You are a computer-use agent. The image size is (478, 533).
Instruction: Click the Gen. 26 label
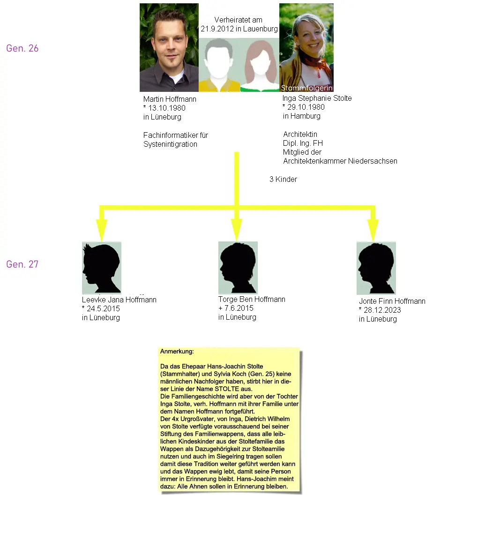click(x=22, y=48)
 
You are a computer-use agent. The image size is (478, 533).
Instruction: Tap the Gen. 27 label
click(x=22, y=264)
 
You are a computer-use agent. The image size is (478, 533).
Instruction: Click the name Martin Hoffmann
click(x=170, y=99)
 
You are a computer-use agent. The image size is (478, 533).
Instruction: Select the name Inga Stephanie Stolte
click(x=317, y=98)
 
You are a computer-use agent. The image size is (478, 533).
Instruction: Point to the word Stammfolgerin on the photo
click(x=306, y=88)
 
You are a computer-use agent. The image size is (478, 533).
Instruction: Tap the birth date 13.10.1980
click(x=167, y=108)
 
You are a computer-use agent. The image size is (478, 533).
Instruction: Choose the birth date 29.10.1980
click(x=306, y=107)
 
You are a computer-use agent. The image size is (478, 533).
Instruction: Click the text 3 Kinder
click(x=284, y=179)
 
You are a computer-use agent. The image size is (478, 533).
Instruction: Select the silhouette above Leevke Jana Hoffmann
click(x=102, y=268)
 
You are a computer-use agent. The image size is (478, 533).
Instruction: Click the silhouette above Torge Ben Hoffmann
click(x=238, y=268)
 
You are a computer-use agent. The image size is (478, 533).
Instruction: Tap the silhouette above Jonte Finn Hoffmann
click(x=376, y=268)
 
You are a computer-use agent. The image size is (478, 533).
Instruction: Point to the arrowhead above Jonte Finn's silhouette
click(x=373, y=230)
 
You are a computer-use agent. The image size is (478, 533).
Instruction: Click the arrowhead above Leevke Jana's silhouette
click(x=102, y=230)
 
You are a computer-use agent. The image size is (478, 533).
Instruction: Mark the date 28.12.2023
click(x=382, y=310)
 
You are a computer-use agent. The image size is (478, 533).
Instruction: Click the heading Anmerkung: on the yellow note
click(x=177, y=352)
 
